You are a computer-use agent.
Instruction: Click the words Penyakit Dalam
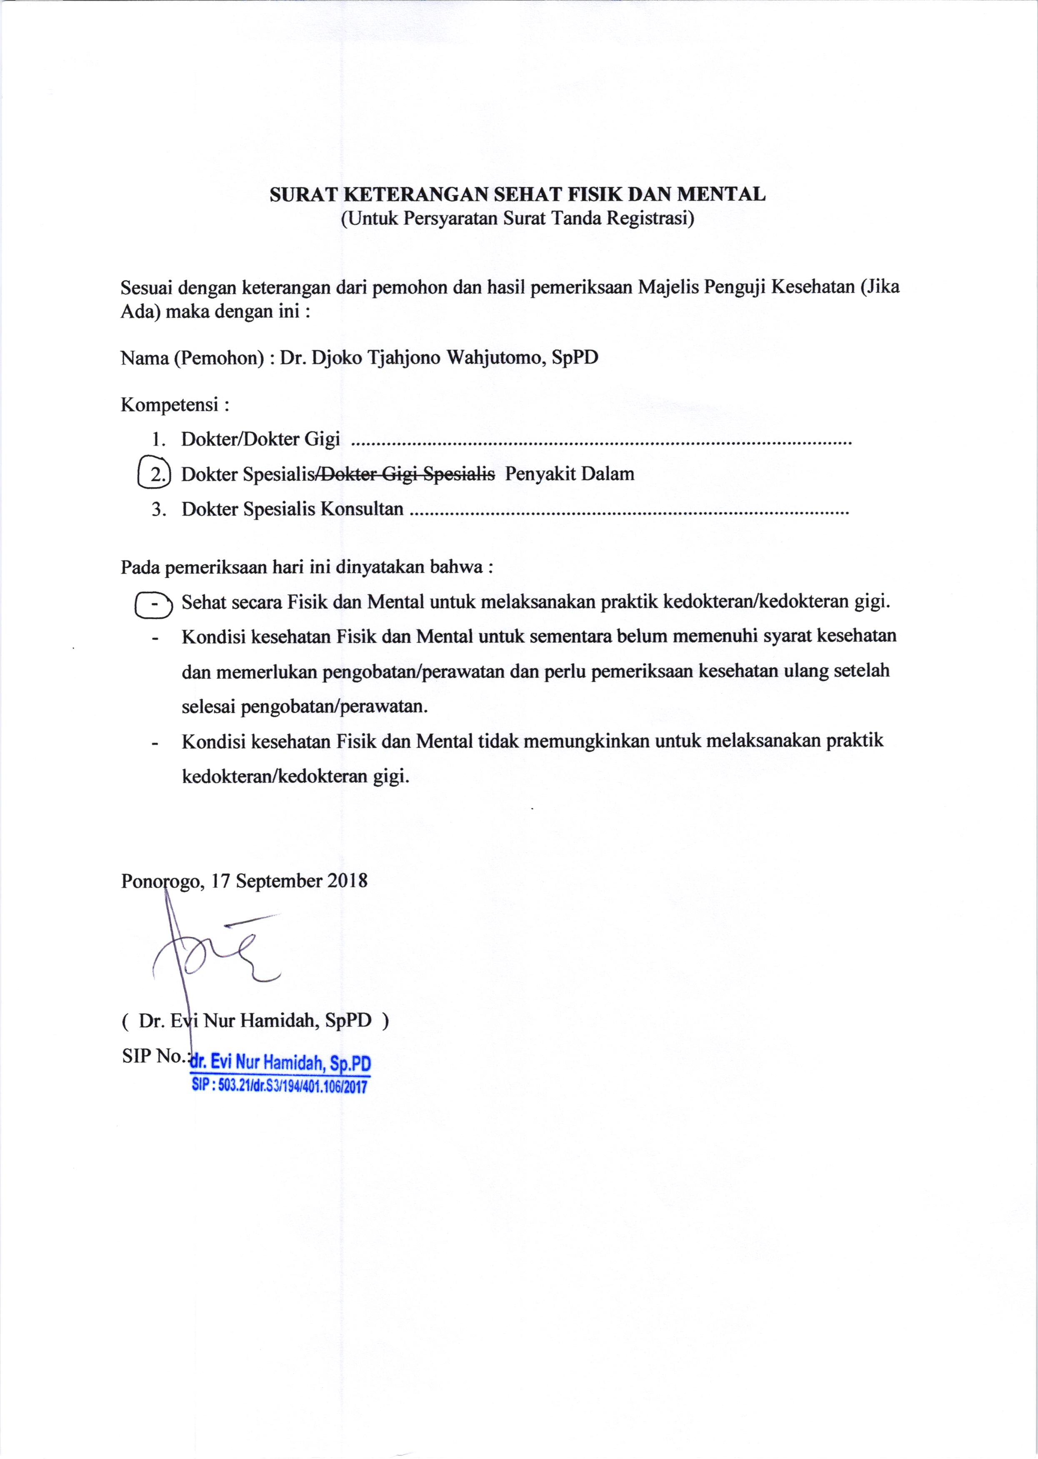[x=570, y=474]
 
